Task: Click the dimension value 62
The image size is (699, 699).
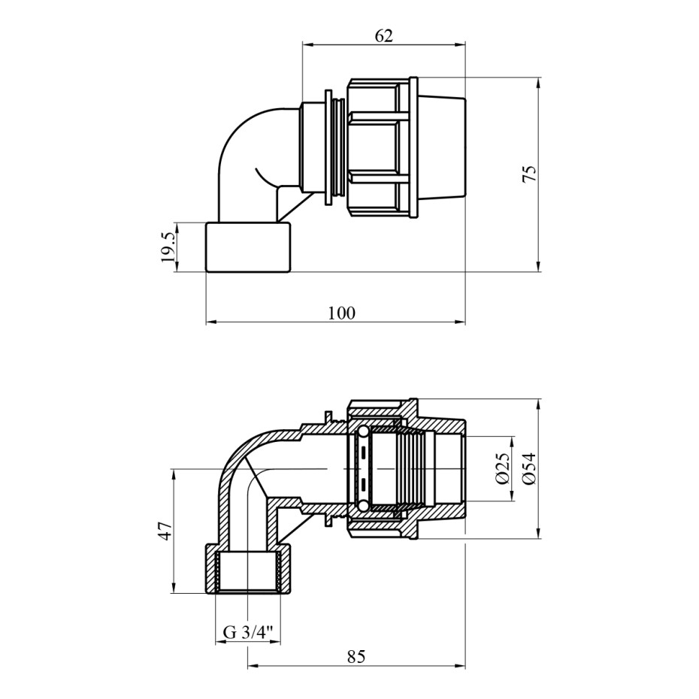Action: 383,35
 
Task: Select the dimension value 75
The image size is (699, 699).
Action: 530,174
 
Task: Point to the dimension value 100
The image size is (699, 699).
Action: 341,313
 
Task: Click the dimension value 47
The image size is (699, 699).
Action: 165,531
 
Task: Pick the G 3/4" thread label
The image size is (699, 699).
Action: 248,633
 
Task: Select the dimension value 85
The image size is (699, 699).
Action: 356,657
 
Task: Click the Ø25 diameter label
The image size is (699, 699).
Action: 503,468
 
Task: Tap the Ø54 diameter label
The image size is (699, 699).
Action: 530,468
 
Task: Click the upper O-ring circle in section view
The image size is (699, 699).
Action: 363,431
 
